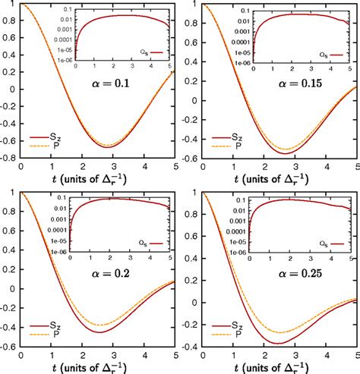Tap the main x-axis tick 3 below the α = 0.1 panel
[x=112, y=168]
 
